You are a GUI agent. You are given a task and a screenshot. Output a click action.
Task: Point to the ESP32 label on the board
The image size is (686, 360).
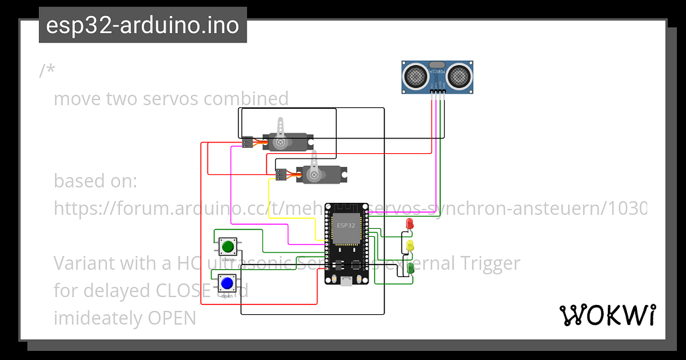tap(345, 226)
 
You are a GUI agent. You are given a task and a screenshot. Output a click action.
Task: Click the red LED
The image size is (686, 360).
tap(410, 224)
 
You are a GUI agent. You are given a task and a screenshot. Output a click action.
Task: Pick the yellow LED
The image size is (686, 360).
tap(410, 246)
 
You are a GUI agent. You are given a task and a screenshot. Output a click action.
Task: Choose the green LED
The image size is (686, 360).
tap(410, 269)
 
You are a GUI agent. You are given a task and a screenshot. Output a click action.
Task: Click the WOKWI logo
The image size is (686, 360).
tap(608, 316)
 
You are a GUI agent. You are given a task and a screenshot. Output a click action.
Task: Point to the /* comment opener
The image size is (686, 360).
tap(46, 70)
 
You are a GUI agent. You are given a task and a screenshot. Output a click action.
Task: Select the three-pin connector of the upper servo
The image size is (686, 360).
tap(247, 142)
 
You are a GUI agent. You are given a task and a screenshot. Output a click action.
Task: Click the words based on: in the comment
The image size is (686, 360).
tap(95, 181)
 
